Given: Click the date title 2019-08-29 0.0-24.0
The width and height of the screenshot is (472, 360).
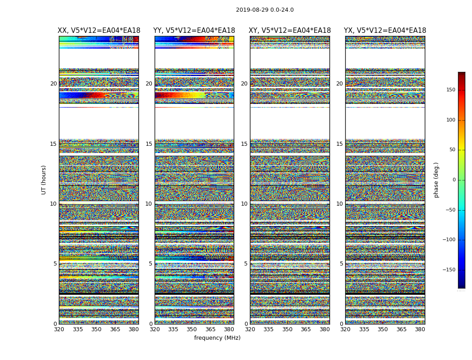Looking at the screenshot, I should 265,10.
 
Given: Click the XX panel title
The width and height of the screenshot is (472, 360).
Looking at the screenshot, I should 99,31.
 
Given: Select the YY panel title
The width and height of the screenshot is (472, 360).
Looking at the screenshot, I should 194,31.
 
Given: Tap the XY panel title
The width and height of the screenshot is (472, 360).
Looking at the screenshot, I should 289,31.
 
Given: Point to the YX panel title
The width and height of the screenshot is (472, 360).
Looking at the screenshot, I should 385,31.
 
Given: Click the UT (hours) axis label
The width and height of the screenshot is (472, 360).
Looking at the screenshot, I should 44,180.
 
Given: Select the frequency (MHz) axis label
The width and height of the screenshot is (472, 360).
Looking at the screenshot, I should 217,338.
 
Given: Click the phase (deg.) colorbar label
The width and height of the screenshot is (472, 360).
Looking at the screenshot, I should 436,180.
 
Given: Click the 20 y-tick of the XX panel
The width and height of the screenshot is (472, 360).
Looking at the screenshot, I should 53,84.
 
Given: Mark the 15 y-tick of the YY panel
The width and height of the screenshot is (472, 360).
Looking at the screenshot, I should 149,144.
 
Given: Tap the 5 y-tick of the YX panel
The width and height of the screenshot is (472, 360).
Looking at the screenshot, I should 341,264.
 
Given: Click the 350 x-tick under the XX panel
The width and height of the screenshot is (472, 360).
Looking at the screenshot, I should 96,330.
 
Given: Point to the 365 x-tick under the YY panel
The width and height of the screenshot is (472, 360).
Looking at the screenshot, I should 210,330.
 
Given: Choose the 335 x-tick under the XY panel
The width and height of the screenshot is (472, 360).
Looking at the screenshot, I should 268,330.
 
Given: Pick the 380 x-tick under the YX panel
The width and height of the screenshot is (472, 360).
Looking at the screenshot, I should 420,330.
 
